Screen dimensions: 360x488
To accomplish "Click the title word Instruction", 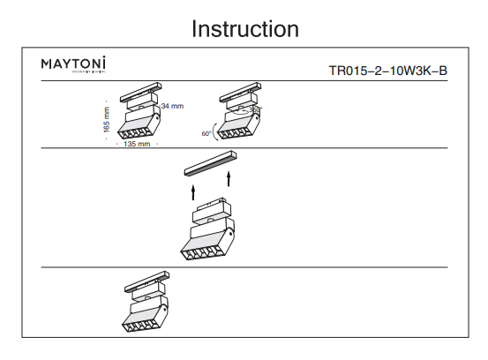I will [244, 28].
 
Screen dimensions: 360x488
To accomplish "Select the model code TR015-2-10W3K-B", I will [387, 70].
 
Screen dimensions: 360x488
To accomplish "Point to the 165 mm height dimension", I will [107, 119].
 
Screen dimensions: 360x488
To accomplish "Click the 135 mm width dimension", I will [136, 143].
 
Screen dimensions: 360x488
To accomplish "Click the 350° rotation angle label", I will [256, 109].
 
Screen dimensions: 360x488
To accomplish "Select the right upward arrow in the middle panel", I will [229, 181].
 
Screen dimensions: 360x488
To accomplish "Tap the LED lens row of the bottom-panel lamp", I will [139, 325].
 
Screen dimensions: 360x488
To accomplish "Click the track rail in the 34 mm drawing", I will [141, 92].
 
